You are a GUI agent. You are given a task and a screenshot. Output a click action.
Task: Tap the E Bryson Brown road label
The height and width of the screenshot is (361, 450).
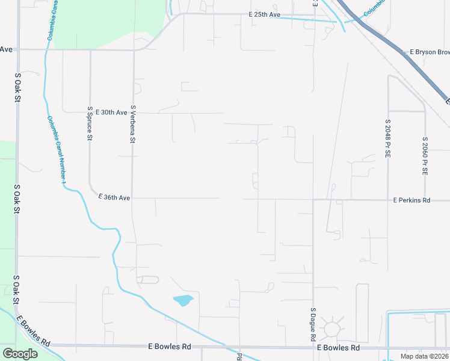pos(429,52)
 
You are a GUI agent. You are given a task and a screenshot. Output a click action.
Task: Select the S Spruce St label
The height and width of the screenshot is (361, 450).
pos(90,124)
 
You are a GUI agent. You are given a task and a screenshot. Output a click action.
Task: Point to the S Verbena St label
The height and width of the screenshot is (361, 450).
pos(132,125)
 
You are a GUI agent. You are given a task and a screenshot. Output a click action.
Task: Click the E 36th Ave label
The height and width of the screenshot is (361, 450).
pos(114,197)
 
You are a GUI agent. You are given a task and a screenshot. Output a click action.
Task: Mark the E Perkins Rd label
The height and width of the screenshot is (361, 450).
pos(411,200)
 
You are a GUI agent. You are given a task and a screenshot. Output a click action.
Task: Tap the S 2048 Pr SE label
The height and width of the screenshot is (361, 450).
pos(387,138)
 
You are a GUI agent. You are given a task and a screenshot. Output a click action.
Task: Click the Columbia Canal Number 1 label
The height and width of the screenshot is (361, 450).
pos(58,150)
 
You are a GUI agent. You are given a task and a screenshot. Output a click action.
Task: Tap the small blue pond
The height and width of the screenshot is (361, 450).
pos(183,300)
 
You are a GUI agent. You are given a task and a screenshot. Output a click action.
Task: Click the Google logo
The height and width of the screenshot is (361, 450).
pos(20,354)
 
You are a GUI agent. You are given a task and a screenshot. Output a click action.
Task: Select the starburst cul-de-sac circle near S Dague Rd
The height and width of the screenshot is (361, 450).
pos(331,329)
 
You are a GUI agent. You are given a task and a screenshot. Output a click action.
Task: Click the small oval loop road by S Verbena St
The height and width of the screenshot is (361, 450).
pos(147,280)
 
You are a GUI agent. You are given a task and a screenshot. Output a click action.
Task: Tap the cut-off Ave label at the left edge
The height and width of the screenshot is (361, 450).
pos(7,49)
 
